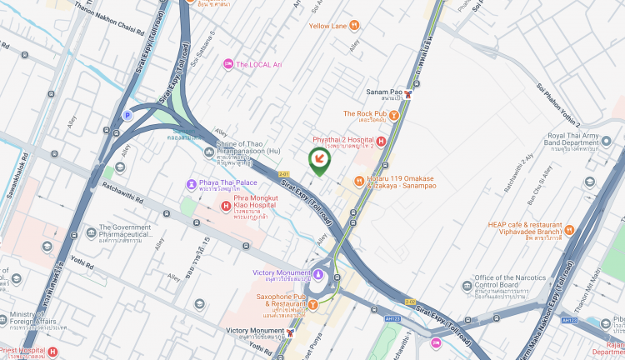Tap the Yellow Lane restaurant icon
click(x=355, y=26)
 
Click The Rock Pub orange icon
click(x=393, y=114)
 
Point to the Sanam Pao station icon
click(x=407, y=93)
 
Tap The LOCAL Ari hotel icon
click(x=228, y=64)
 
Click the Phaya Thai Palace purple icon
click(x=192, y=183)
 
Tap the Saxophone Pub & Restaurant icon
click(x=312, y=305)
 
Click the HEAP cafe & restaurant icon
click(x=569, y=230)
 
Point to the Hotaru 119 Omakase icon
click(x=359, y=181)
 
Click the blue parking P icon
click(x=127, y=116)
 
